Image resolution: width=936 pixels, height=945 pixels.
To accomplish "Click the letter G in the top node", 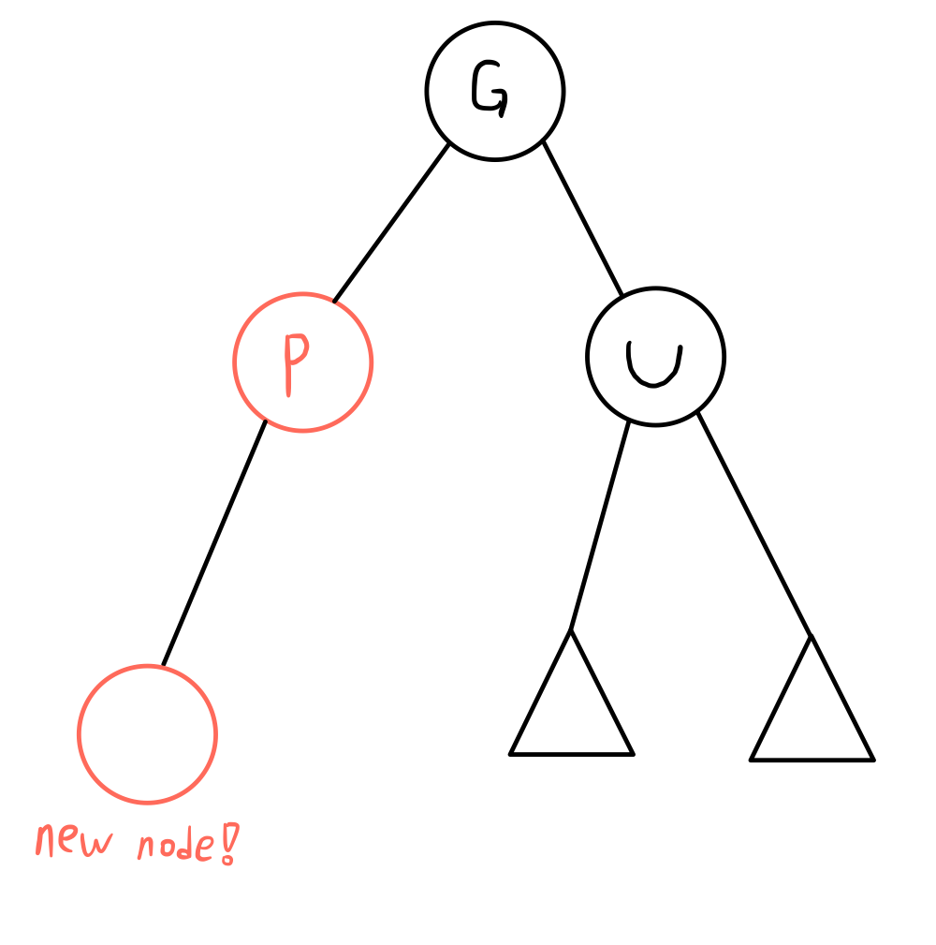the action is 490,91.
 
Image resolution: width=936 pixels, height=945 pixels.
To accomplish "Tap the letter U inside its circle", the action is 654,363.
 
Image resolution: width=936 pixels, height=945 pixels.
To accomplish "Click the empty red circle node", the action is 148,734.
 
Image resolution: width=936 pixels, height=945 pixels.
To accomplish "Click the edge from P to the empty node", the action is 213,544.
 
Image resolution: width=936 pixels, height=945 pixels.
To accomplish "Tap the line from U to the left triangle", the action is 599,524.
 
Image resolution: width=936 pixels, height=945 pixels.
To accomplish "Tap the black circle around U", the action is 724,357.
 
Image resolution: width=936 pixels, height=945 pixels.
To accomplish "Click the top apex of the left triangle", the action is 570,633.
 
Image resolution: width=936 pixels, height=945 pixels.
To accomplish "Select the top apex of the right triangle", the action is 811,638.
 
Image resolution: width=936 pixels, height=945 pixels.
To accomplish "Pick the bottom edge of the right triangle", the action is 812,760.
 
